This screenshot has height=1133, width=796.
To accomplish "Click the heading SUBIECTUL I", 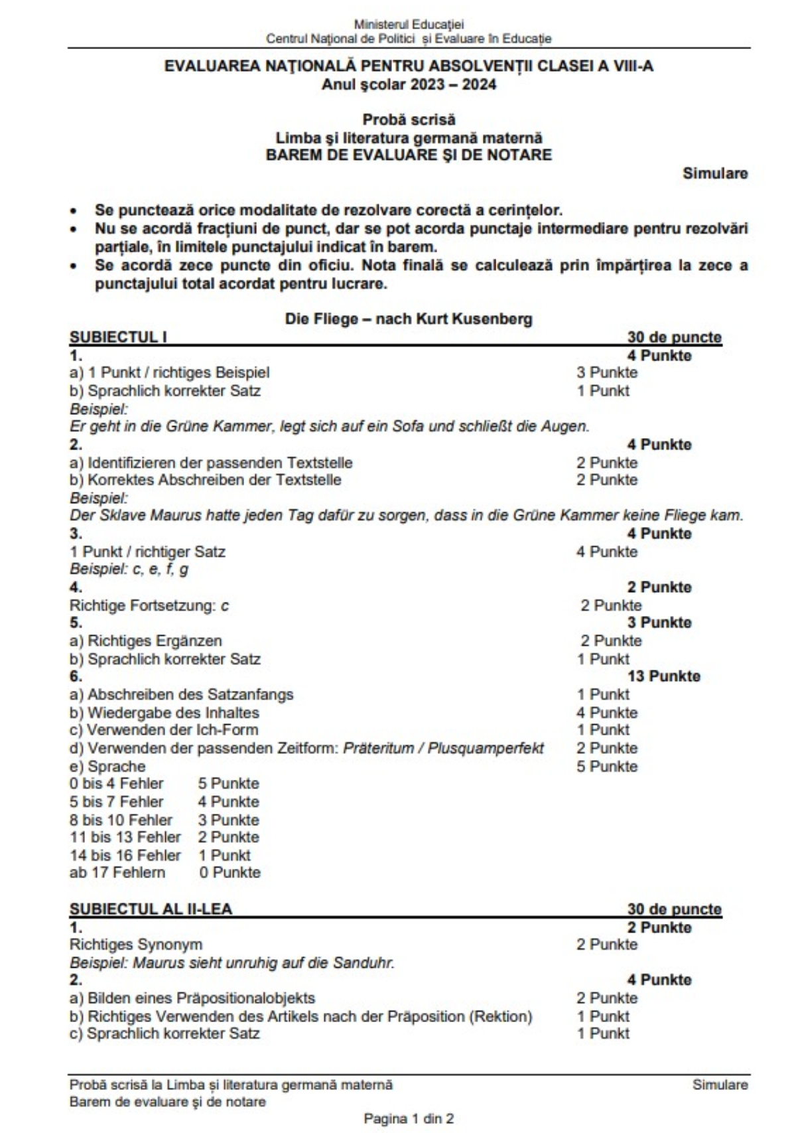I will click(x=118, y=337).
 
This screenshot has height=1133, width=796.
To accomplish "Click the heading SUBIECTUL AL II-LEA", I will click(x=151, y=909).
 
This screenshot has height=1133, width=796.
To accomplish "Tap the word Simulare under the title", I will click(x=715, y=173).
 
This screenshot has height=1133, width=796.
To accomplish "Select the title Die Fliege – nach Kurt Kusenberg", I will click(x=409, y=319).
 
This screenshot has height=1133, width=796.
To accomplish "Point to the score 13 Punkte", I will click(x=664, y=676).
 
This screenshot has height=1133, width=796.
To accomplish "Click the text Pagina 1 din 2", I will click(x=409, y=1118).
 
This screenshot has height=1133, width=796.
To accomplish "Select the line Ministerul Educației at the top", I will click(x=409, y=25).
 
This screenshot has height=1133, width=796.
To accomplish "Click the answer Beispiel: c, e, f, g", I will click(x=129, y=569).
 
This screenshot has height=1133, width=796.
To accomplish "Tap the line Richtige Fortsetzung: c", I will click(x=149, y=605).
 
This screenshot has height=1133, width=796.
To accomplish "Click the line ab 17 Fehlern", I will click(x=117, y=872).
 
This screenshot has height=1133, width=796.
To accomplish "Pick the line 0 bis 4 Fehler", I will click(x=116, y=783).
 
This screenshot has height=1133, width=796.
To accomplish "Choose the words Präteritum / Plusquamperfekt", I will click(x=443, y=748).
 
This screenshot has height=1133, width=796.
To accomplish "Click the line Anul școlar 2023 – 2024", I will click(x=409, y=84).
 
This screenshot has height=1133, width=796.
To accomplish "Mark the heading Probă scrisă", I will click(x=409, y=120).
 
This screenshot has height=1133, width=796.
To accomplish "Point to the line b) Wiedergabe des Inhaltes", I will click(x=164, y=713).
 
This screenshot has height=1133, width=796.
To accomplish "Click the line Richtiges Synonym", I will click(x=136, y=944).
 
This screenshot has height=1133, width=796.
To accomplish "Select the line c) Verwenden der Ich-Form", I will click(x=164, y=730).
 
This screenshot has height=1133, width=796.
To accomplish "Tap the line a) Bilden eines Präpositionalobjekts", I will click(x=192, y=998).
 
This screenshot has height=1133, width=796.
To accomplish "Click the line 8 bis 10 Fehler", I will click(x=121, y=820).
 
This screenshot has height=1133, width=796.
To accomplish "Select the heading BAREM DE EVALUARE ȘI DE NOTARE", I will click(x=409, y=155).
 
